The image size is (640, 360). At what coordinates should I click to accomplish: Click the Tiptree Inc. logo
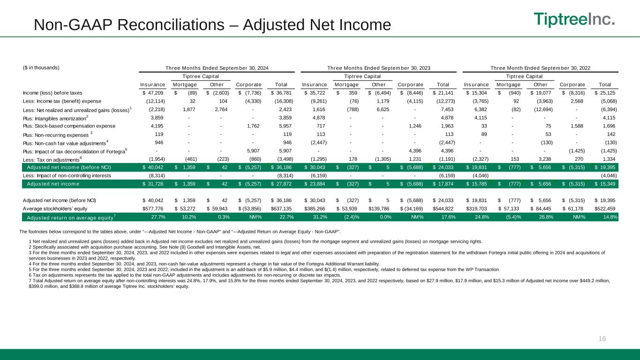coord(574,20)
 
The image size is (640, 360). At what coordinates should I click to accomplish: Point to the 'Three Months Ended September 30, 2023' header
coord(378,68)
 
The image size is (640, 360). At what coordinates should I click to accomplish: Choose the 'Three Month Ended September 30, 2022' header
coord(540,68)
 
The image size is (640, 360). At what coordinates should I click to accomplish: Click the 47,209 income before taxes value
coord(154,92)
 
